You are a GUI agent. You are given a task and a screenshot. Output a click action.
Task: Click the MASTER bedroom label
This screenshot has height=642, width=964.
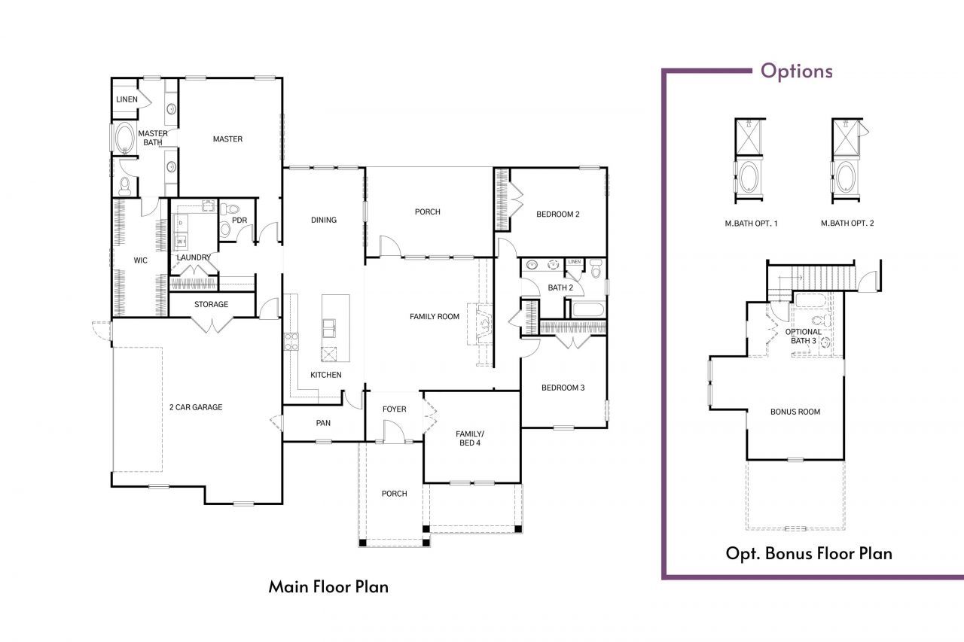[227, 139]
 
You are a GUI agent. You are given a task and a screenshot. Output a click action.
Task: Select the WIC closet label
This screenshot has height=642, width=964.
[140, 260]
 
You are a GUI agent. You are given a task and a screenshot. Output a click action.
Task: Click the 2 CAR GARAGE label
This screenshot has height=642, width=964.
[196, 407]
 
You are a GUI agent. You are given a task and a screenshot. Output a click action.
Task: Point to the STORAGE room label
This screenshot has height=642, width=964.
[211, 305]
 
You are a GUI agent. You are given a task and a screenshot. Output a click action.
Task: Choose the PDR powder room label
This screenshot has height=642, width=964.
[239, 221]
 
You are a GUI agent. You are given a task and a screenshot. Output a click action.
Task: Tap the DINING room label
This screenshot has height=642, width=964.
[324, 221]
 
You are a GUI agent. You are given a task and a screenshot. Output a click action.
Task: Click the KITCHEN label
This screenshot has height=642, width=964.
[326, 375]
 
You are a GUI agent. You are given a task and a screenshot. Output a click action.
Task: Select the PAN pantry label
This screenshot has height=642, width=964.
[323, 423]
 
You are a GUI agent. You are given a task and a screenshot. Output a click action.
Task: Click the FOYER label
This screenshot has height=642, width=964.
[394, 409]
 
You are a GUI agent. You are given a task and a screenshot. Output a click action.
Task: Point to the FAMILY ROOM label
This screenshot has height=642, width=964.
[435, 317]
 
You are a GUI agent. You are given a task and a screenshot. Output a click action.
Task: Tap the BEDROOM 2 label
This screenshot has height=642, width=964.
[557, 215]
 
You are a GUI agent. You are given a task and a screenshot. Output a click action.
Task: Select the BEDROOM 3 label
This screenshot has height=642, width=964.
[563, 388]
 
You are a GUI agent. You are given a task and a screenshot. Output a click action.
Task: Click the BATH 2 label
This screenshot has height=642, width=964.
[560, 288]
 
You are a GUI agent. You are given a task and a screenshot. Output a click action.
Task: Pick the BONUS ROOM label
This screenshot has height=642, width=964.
[795, 412]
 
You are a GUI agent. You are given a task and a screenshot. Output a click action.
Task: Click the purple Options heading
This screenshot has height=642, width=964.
[797, 72]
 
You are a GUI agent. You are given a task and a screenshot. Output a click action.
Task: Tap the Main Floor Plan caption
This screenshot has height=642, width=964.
[328, 586]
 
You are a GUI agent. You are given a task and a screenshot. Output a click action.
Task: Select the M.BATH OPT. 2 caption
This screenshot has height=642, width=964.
[847, 224]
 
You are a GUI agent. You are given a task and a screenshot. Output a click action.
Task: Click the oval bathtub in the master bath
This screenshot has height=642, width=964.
[124, 138]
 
